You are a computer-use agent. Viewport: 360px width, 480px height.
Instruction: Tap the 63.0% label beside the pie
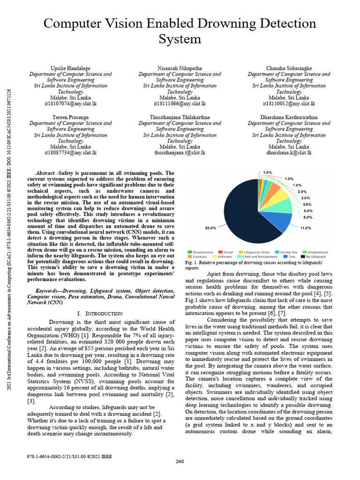tap(210, 228)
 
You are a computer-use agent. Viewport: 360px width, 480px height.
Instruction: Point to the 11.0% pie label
tap(306, 228)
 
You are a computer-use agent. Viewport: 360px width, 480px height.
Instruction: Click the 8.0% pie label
tap(308, 217)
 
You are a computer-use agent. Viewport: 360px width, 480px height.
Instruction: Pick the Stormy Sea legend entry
tap(288, 252)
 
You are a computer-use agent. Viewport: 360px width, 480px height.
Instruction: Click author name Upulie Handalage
tap(70, 68)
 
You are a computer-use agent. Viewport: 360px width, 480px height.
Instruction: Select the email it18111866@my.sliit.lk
tap(180, 103)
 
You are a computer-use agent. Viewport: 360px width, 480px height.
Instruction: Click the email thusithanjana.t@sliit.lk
tap(180, 152)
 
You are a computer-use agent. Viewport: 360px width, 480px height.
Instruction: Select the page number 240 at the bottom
tap(180, 462)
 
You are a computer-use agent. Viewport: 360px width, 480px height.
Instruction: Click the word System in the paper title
tap(180, 38)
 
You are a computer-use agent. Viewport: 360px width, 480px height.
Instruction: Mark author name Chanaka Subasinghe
tap(289, 68)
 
